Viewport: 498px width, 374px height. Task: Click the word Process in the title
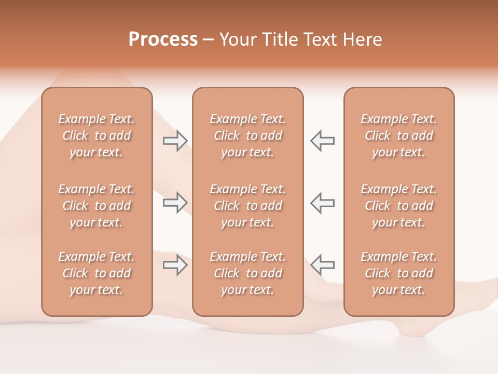(x=163, y=39)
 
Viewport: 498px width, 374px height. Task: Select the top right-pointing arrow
(x=175, y=141)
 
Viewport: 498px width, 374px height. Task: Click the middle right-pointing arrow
(x=175, y=203)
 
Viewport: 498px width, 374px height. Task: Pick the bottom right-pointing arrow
(x=175, y=265)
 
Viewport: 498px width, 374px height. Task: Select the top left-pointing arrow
(x=322, y=141)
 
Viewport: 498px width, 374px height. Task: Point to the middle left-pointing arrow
(x=322, y=203)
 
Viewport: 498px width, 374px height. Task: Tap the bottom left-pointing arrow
(x=322, y=265)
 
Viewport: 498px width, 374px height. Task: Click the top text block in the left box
(x=96, y=136)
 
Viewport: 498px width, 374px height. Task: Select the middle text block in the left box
(x=96, y=206)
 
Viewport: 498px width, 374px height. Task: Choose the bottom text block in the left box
(x=96, y=273)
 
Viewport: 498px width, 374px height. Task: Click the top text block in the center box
(x=248, y=136)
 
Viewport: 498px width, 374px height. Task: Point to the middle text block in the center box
(x=248, y=206)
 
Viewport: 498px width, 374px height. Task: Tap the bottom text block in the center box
(x=248, y=273)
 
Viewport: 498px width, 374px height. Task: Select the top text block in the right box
(x=399, y=136)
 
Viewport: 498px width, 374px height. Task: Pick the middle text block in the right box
(x=399, y=206)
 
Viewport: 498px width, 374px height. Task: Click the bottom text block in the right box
(x=399, y=273)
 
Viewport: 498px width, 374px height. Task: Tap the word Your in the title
(x=237, y=39)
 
